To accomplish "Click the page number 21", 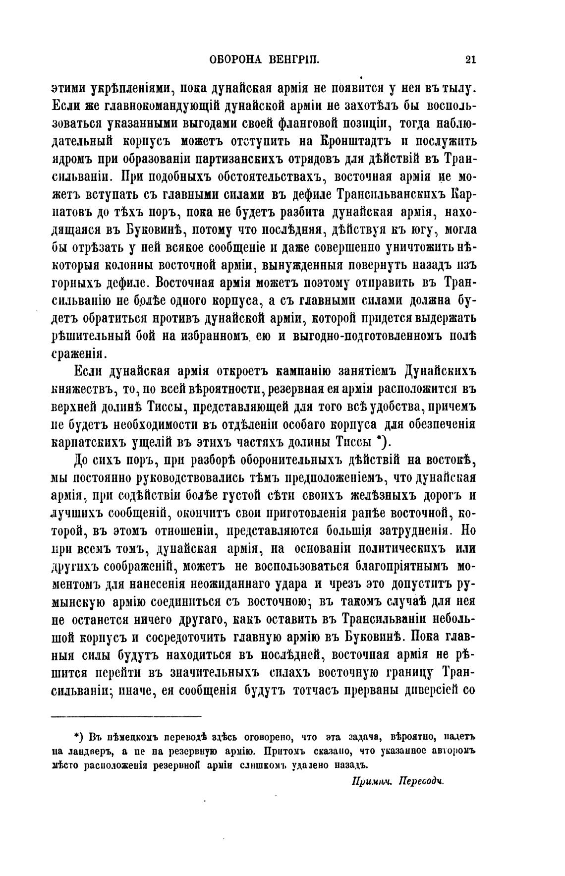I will coord(470,60).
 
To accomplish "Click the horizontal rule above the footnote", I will coord(126,716).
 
